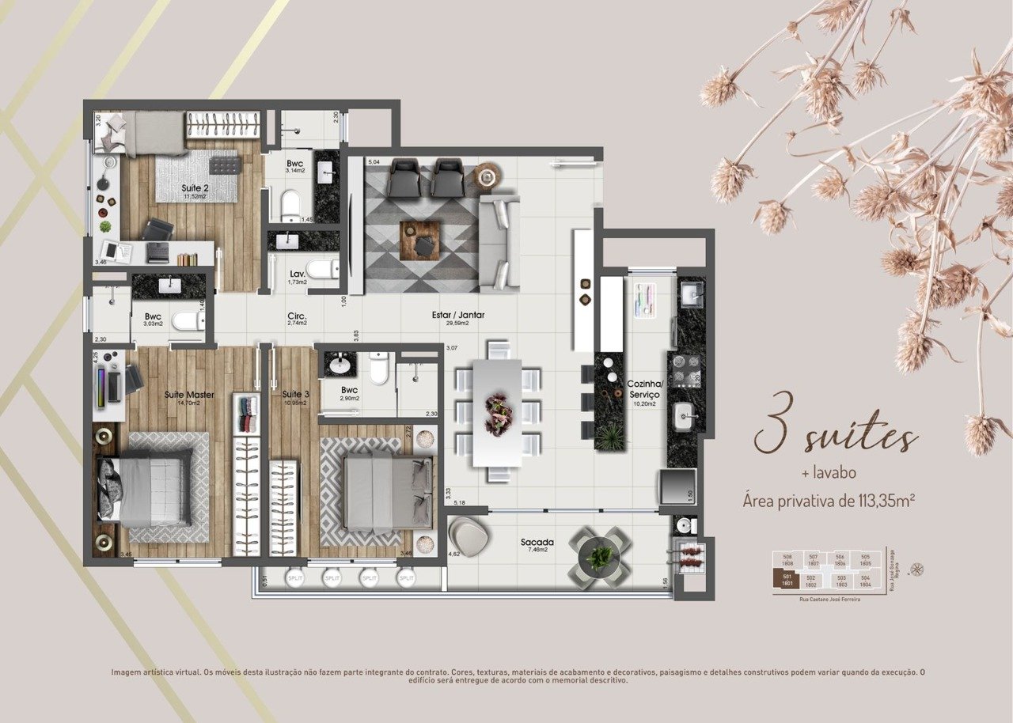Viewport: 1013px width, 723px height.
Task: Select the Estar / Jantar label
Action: tap(458, 315)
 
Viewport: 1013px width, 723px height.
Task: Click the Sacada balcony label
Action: tap(537, 543)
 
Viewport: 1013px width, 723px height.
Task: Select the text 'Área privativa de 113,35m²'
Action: tap(830, 500)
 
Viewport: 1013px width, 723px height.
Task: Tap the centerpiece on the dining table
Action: tap(499, 412)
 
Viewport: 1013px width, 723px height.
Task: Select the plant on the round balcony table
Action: tap(601, 557)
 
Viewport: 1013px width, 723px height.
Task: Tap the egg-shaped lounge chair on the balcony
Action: tap(469, 536)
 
